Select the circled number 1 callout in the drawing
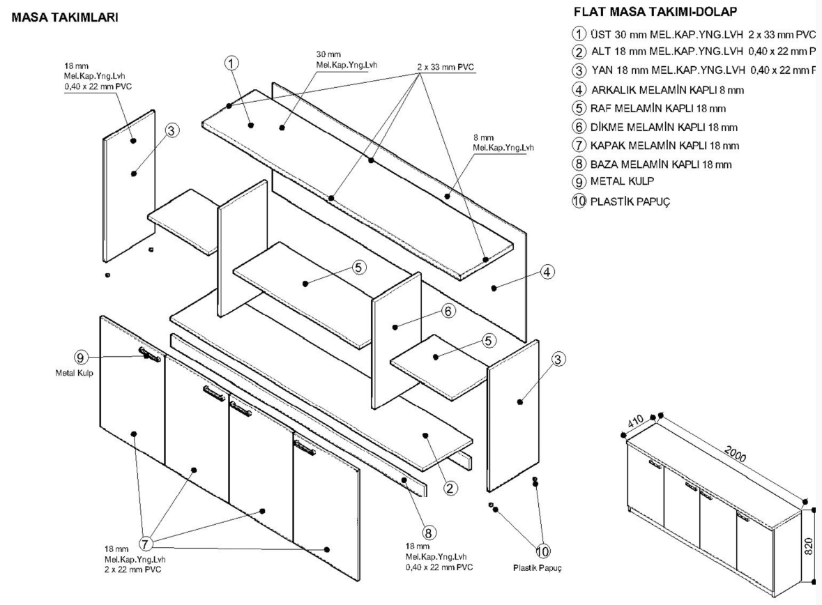pyautogui.click(x=231, y=63)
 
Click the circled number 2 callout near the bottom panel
pyautogui.click(x=451, y=489)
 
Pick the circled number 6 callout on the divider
pyautogui.click(x=449, y=312)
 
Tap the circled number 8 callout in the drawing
pyautogui.click(x=429, y=533)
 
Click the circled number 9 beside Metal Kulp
pyautogui.click(x=81, y=358)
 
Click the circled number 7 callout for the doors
pyautogui.click(x=146, y=543)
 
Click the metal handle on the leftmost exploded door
pyautogui.click(x=149, y=354)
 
